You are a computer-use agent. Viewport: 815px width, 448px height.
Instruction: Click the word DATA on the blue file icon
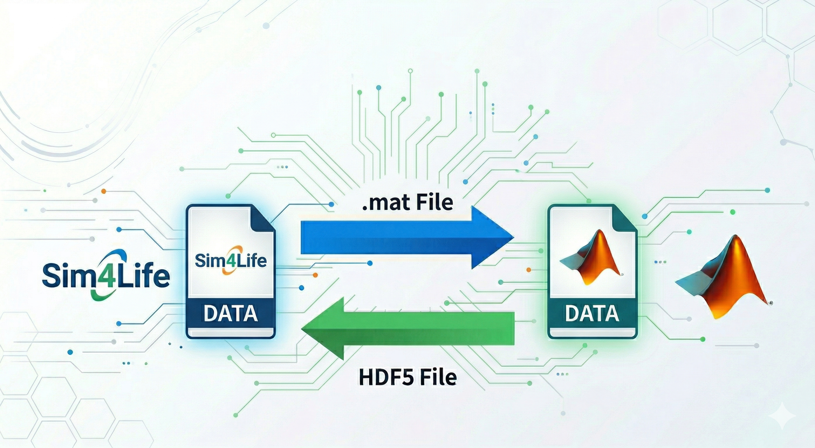tap(230, 313)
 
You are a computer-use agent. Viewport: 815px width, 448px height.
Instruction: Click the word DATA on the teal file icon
tap(592, 313)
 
